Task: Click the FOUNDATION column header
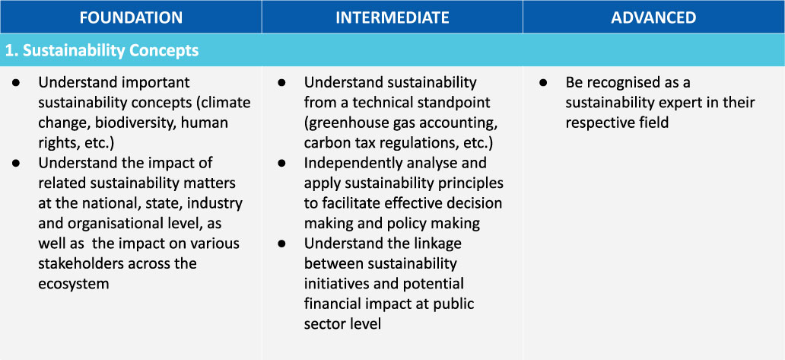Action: pyautogui.click(x=131, y=18)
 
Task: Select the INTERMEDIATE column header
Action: pyautogui.click(x=392, y=18)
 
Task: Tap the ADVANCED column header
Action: pyautogui.click(x=653, y=18)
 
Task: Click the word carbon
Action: pyautogui.click(x=326, y=142)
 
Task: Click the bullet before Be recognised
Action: pyautogui.click(x=543, y=83)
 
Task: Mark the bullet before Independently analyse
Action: pyautogui.click(x=282, y=163)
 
